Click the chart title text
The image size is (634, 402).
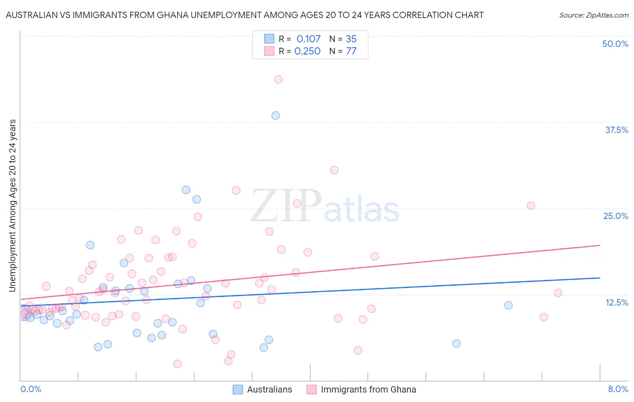tap(244, 15)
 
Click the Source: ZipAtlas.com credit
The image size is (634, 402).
tap(593, 15)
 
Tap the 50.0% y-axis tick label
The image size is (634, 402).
tap(615, 44)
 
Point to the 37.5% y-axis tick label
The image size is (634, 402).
tap(616, 130)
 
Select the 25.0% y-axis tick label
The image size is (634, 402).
tap(616, 216)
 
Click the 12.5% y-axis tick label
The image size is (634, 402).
tap(616, 302)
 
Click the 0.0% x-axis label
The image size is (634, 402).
tap(31, 389)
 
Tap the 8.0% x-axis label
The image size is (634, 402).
tap(618, 389)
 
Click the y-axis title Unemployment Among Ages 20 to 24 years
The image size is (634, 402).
tap(12, 206)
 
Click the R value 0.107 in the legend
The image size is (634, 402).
tap(308, 39)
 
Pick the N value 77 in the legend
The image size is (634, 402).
tap(351, 51)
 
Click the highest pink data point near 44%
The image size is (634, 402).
tap(278, 79)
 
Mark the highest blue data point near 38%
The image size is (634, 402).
tap(276, 115)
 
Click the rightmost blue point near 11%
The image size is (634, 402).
tap(508, 305)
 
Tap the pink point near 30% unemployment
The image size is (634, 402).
tap(334, 170)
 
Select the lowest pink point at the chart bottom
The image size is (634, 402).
tap(178, 364)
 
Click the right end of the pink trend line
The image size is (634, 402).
tap(600, 245)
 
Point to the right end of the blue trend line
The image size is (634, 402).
tap(600, 278)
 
